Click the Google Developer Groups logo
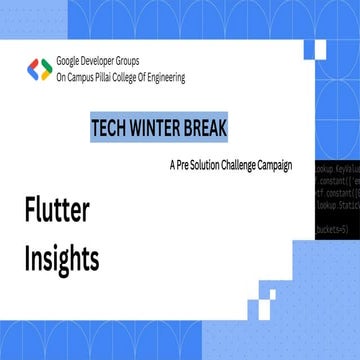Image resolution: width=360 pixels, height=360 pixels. coord(39,70)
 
